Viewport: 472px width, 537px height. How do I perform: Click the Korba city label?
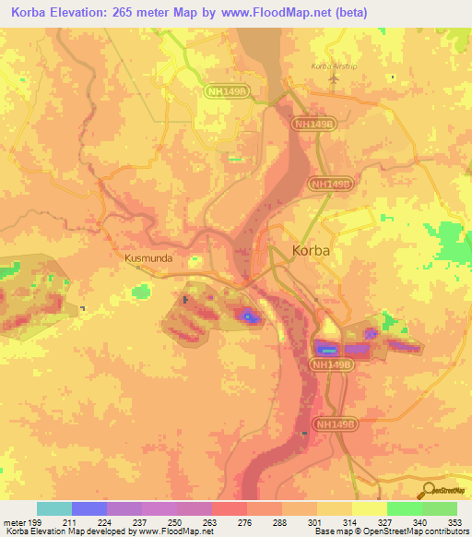click(311, 250)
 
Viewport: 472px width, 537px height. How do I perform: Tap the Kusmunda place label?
click(147, 259)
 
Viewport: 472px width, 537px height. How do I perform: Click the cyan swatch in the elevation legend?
click(54, 508)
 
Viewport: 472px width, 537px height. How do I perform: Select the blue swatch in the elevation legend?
click(89, 508)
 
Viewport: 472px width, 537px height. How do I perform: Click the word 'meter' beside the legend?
click(13, 521)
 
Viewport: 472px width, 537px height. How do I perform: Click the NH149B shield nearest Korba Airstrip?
click(313, 123)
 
